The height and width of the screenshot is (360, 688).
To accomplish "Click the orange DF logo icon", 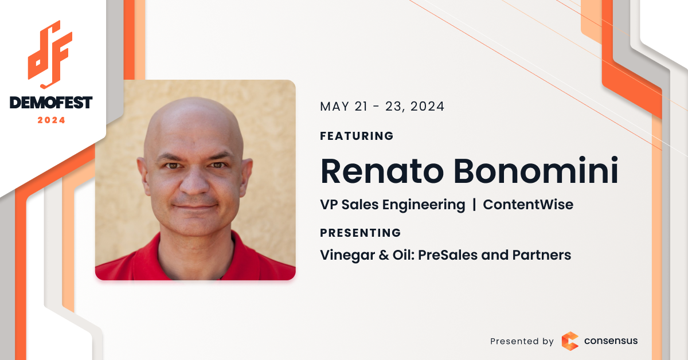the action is coord(50,54).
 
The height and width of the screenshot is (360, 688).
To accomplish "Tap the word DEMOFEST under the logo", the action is coord(51,103).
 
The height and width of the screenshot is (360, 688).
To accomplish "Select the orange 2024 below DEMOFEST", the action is coord(51,120).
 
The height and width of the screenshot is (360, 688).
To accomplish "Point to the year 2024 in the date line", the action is coord(427,107).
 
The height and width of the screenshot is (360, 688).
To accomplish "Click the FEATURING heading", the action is coord(357,136).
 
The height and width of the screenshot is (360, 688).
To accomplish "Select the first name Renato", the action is coord(382,171).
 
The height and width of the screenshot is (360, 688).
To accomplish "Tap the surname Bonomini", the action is coord(535,170).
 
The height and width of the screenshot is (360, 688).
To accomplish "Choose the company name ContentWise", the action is coord(528,205).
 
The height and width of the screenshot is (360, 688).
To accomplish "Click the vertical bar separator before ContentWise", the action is coord(474,205).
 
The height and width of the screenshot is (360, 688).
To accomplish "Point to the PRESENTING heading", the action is coord(360,233).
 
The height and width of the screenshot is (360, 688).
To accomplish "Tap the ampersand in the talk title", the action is coord(384,255).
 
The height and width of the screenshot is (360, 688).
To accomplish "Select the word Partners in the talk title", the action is coord(542,255).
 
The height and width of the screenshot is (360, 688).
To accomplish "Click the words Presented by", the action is coord(522,341).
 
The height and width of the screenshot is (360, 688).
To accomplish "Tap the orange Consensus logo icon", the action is coord(570,341).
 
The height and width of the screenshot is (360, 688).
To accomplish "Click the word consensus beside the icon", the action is coord(611,341).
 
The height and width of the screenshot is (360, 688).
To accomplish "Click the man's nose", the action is coord(194,181).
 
